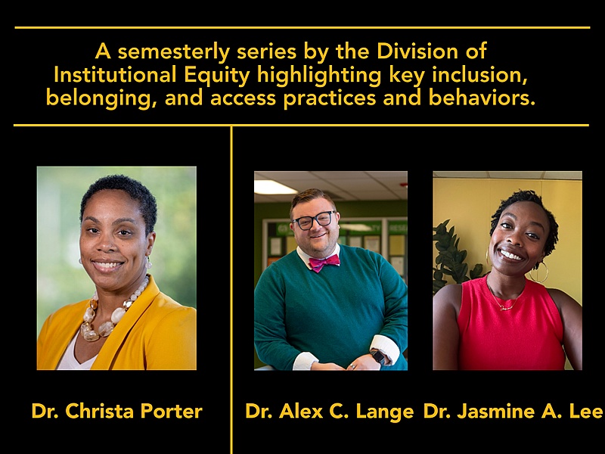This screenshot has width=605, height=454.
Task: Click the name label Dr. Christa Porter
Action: click(x=116, y=412)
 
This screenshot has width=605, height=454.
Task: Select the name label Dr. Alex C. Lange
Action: click(x=329, y=412)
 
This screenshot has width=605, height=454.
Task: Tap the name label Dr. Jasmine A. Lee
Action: click(x=513, y=412)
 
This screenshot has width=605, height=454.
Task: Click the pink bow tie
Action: click(x=324, y=263)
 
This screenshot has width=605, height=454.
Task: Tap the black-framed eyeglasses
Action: click(x=313, y=220)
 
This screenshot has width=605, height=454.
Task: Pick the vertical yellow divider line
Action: click(x=231, y=288)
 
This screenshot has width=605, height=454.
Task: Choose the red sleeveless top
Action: click(x=510, y=333)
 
